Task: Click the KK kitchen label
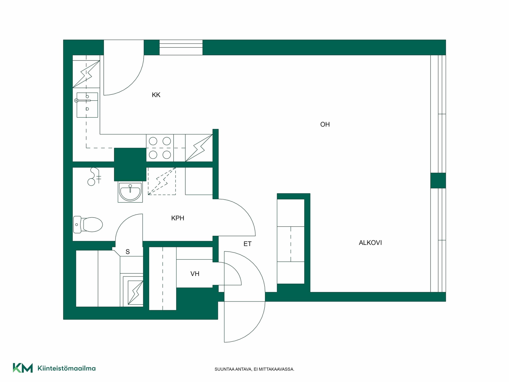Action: point(156,95)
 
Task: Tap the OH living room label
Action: point(325,124)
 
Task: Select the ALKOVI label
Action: point(370,243)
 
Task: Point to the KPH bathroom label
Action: point(178,218)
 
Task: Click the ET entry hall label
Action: point(247,244)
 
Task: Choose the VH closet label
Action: point(195,274)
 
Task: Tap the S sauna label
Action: point(128,252)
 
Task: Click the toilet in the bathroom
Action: point(88,225)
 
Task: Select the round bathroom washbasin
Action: point(130,192)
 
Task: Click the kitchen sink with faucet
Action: point(87,105)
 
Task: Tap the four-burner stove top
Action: point(160,148)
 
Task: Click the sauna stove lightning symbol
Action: point(135,292)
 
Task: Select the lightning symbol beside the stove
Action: point(199,148)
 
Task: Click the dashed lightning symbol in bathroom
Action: point(162,181)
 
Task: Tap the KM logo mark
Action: point(23,368)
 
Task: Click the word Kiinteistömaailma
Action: point(67,368)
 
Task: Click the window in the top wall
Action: point(181,47)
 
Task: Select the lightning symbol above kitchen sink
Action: point(86,74)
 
